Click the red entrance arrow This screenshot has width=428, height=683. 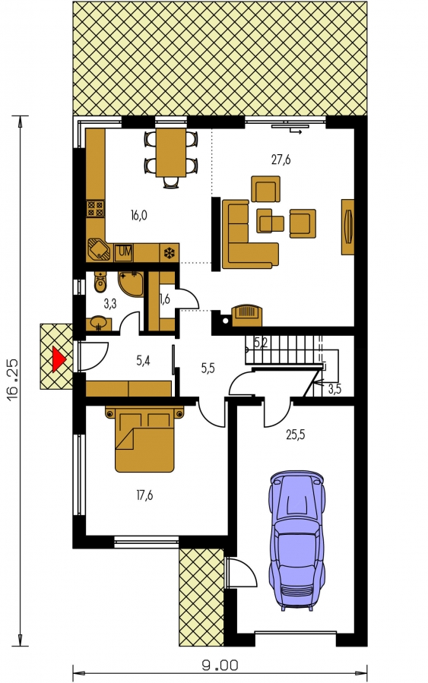(59, 359)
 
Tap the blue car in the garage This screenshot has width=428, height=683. (298, 539)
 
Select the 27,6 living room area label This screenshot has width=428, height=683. (281, 160)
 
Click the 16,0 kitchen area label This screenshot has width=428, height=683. (138, 215)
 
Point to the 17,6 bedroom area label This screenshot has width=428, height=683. (144, 495)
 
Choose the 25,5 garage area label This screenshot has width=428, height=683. (295, 435)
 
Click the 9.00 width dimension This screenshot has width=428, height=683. (220, 666)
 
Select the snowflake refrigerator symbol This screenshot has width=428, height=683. (168, 253)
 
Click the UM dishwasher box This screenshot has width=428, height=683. (124, 252)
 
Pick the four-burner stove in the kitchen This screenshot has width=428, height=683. (96, 208)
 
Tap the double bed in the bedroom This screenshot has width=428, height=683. (144, 439)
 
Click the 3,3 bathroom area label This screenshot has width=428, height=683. (110, 304)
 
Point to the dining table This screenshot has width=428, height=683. (171, 152)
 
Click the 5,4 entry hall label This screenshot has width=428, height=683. (143, 361)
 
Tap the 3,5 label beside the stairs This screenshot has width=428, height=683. (334, 389)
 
